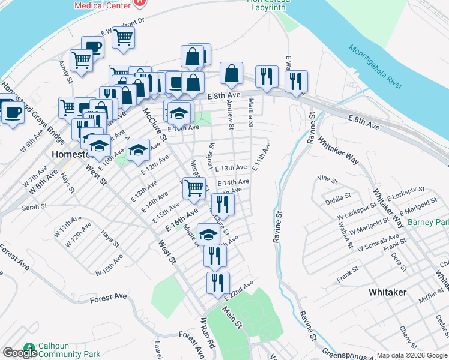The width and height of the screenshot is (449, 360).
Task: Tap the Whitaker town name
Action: click(387, 292)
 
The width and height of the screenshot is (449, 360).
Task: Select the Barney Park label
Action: click(428, 223)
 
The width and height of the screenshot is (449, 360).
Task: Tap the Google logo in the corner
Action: click(20, 353)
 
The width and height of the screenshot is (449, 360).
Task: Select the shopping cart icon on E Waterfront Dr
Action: click(123, 37)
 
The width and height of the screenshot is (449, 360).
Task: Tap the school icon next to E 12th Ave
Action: click(138, 149)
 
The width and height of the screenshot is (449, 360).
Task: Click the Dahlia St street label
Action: click(339, 197)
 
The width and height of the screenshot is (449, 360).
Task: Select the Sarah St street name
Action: click(34, 207)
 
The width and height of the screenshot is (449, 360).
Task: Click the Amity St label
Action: click(65, 71)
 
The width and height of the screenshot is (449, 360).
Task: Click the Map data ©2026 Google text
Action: click(412, 355)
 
